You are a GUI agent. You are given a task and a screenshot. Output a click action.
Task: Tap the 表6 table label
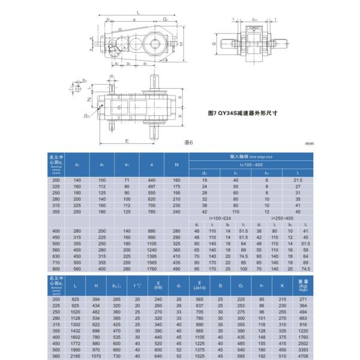point(189,142)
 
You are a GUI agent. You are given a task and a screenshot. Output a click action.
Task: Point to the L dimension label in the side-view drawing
point(138,11)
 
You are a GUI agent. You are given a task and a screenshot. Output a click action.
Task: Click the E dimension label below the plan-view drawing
point(127,140)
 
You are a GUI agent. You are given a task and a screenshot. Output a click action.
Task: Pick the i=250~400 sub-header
point(282,219)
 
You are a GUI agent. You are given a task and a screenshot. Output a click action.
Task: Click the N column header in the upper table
point(176,164)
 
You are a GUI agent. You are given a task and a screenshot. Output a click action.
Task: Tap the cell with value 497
point(151,187)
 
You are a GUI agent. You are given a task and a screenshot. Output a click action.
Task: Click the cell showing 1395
point(151,256)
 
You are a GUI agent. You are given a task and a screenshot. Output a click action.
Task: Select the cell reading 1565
point(151,263)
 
